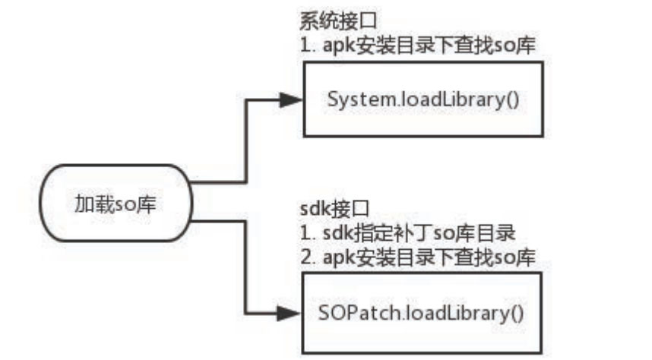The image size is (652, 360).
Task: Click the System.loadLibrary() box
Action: point(423,99)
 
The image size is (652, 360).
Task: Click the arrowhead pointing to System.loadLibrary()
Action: point(290,99)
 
